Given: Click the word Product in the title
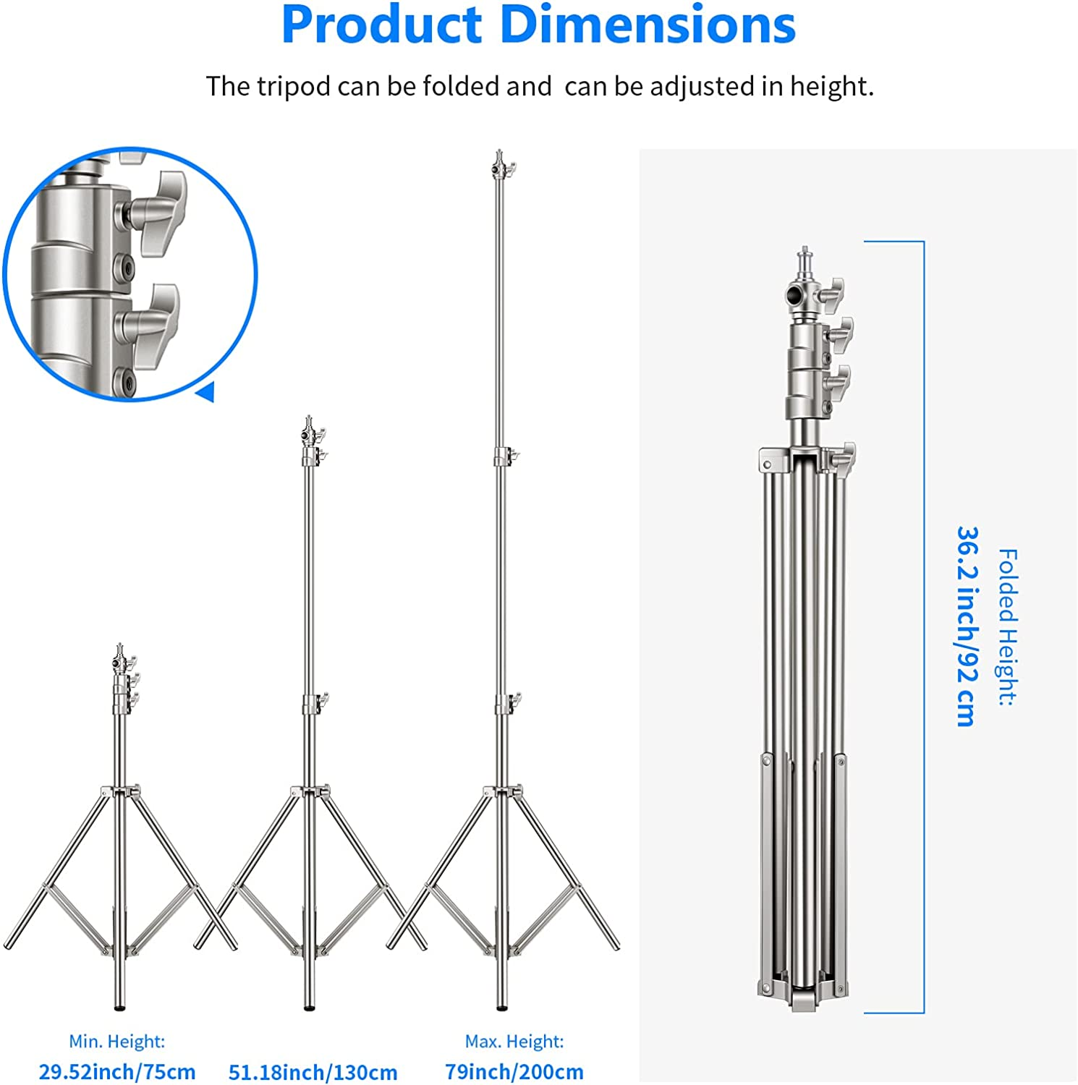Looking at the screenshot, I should pos(381,25).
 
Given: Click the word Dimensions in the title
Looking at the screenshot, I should pos(648,25).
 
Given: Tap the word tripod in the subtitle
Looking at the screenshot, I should pos(294,87).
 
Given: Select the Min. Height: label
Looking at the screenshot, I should pos(116,1042).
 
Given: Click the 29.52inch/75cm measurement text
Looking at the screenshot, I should pos(116,1071).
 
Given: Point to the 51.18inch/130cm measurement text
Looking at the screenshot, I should pos(313,1072).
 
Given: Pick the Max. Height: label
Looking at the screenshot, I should pos(514,1042).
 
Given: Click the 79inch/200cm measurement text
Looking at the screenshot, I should pos(514,1071).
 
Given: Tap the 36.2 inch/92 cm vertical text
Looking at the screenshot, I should pos(967,626).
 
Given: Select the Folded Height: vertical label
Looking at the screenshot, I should pos(1007,626).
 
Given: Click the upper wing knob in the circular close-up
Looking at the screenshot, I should pos(161,213).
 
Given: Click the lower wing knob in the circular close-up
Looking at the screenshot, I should pos(156,325).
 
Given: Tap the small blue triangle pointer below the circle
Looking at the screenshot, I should pos(205,392).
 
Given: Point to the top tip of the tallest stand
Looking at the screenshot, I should pos(499,156).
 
